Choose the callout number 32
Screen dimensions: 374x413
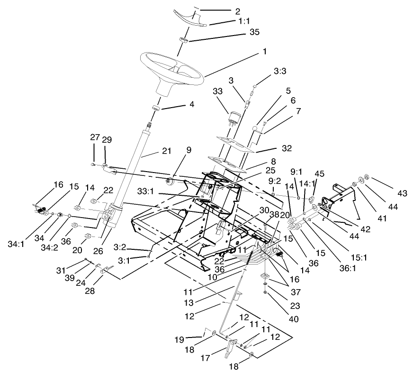[x=287, y=148]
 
